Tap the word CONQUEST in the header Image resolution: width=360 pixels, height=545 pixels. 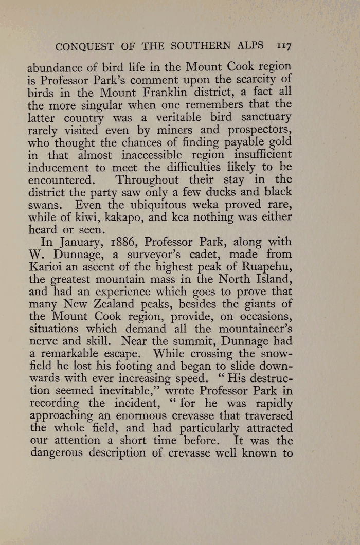(x=84, y=47)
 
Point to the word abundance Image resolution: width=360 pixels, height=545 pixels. (x=57, y=67)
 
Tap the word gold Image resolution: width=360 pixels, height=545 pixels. (x=281, y=142)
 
